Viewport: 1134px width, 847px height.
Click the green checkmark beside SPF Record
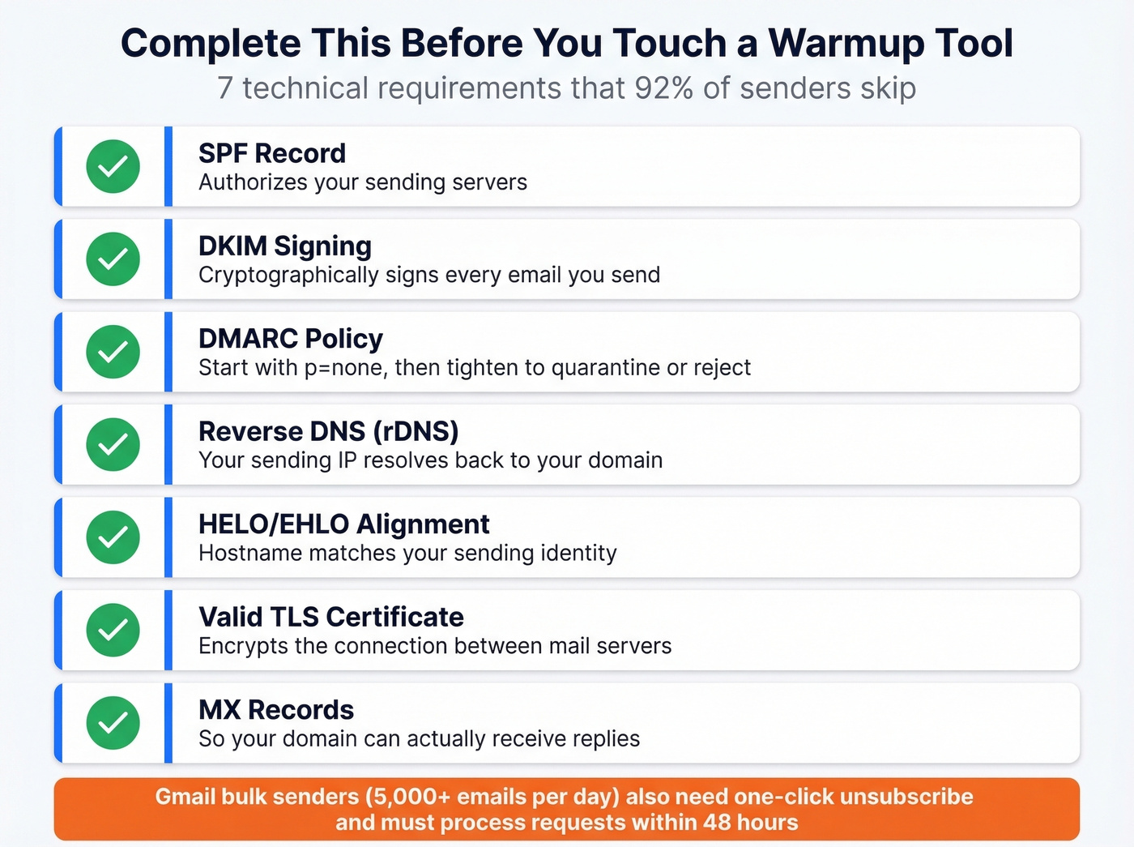(x=113, y=166)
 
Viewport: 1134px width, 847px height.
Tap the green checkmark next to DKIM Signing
(x=113, y=259)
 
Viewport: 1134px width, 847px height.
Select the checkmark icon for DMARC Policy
(x=113, y=352)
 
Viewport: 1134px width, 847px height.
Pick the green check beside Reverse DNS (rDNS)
(x=113, y=444)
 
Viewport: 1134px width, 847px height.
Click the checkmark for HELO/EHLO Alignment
(x=113, y=537)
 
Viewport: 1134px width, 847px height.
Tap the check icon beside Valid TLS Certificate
(x=113, y=630)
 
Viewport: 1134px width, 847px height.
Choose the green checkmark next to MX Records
(x=113, y=723)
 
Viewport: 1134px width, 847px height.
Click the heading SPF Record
(x=272, y=153)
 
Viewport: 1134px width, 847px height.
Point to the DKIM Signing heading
(x=285, y=246)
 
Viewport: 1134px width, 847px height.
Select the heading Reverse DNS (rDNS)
(x=328, y=431)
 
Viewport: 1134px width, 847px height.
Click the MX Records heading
(x=276, y=710)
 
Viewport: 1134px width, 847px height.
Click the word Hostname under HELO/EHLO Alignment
(x=250, y=554)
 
